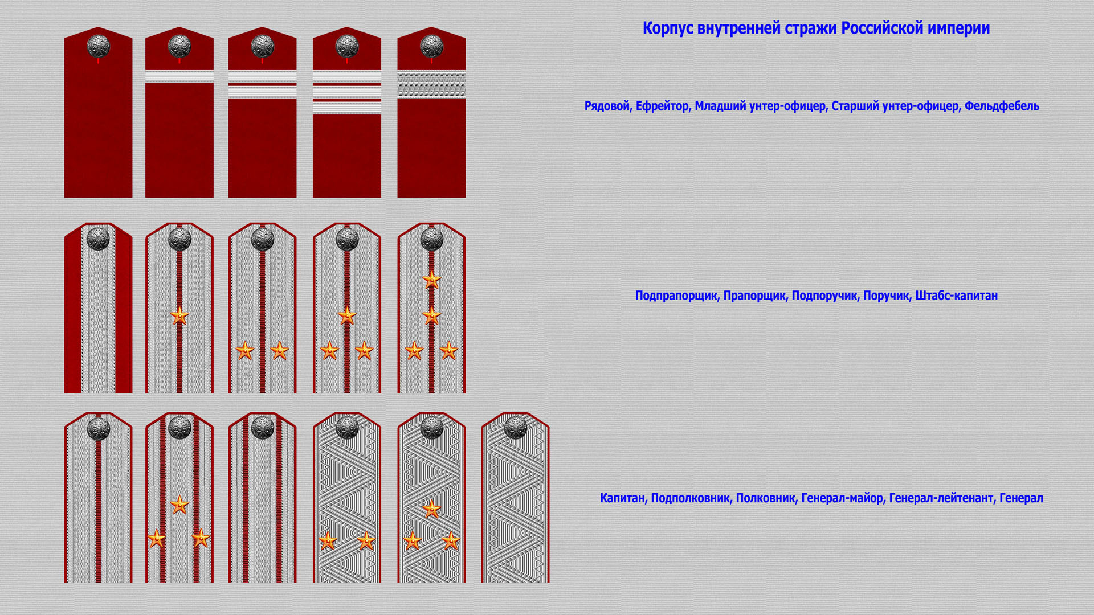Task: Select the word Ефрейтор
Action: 662,106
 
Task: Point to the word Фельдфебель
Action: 1002,106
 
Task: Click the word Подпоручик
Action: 824,296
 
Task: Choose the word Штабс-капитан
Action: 956,296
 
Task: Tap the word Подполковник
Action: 690,498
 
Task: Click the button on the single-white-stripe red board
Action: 179,46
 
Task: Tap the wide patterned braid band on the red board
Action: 431,84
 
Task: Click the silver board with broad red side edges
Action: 98,308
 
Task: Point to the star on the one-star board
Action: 179,315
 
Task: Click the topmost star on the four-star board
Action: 431,280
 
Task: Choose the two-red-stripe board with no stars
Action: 262,498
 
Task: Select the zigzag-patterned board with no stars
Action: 515,498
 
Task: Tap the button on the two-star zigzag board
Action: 346,427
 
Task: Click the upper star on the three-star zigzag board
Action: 431,509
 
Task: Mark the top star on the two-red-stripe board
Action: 179,505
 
